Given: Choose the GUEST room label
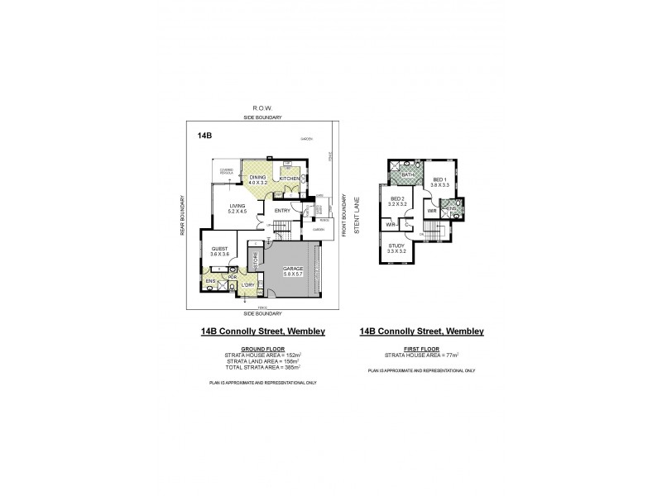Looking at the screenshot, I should [219, 250].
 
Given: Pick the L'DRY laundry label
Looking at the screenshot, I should [247, 285].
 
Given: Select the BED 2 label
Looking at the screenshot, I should [397, 201].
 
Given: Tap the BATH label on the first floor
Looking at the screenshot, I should [406, 175].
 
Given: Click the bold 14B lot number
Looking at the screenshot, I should [204, 134].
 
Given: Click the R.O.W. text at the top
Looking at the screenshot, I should [262, 107].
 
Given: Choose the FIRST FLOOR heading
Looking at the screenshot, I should [421, 349].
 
